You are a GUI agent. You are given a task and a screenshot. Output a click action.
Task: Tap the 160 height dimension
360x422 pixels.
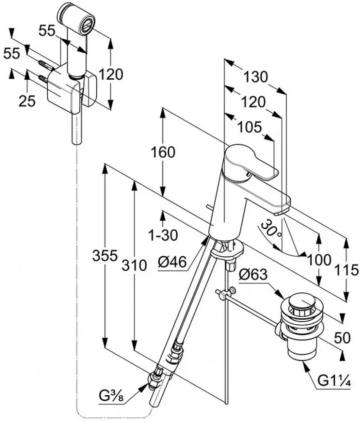(163, 152)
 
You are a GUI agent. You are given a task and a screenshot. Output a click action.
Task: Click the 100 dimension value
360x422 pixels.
(319, 259)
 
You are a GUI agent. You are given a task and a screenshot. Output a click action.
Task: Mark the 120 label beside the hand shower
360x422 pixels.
(111, 74)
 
